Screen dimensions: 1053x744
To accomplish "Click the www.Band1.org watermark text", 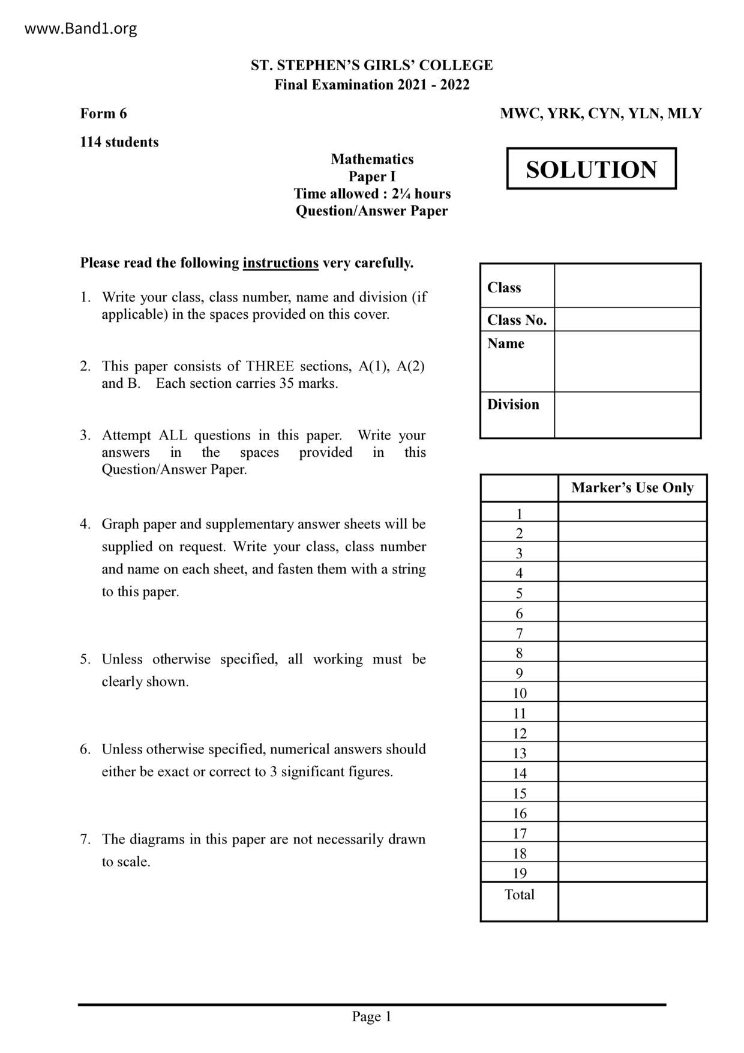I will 80,28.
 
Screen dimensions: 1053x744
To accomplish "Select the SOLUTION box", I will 591,169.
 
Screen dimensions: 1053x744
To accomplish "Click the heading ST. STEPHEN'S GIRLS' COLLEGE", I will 371,65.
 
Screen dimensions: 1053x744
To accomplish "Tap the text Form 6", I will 103,113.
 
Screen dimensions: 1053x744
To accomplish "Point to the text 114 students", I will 119,142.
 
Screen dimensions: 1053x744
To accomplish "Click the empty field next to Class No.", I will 627,319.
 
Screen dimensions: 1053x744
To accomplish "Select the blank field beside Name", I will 627,361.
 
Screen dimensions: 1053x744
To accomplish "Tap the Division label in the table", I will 513,405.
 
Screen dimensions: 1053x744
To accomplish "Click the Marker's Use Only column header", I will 632,488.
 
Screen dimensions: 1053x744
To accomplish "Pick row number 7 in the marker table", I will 519,633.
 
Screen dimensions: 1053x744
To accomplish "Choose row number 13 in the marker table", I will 519,753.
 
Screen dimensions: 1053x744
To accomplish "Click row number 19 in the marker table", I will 519,873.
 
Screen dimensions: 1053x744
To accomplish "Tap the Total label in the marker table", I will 519,895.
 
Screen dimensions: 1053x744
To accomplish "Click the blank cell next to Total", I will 632,901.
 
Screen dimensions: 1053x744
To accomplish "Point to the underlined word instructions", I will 280,263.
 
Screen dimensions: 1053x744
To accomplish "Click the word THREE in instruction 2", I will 269,366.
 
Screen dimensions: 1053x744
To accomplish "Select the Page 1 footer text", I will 371,1016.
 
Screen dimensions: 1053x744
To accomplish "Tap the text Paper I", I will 371,177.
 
